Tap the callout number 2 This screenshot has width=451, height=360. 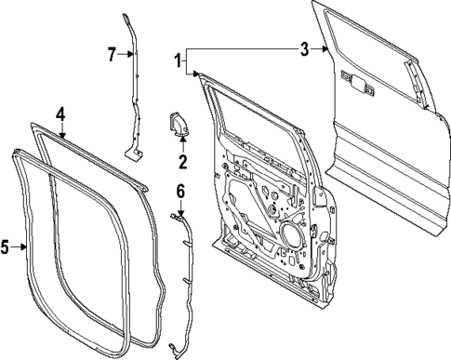click(183, 163)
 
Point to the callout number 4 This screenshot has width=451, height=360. click(60, 114)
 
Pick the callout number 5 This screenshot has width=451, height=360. click(6, 247)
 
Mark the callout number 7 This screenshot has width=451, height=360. click(112, 54)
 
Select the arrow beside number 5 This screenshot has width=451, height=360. click(20, 247)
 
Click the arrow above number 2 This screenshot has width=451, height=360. click(183, 145)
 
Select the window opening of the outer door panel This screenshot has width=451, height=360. click(372, 47)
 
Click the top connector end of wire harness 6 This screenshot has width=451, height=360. click(174, 216)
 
